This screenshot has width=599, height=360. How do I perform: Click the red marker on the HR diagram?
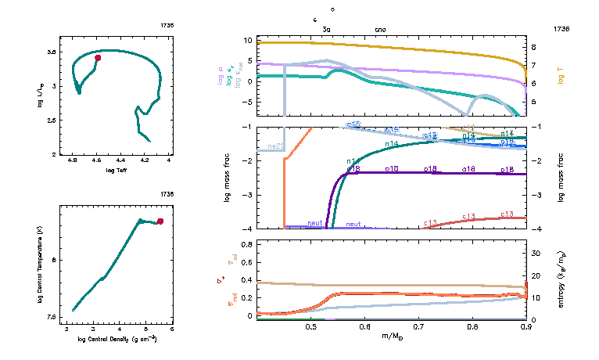click(x=98, y=58)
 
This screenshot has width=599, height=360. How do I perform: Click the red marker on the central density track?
click(x=160, y=221)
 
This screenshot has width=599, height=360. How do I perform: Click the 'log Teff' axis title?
click(x=117, y=170)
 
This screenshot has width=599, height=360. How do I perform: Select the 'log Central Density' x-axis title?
click(x=118, y=339)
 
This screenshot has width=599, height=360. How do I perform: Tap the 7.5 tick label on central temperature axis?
click(x=50, y=317)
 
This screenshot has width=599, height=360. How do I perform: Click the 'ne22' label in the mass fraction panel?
click(x=275, y=146)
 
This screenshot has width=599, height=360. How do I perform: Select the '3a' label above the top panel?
click(x=327, y=30)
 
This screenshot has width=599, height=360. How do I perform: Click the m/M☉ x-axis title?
click(x=393, y=337)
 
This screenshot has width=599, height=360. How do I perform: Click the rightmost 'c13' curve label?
click(x=507, y=214)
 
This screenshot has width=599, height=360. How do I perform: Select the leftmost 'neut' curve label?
click(x=315, y=224)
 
